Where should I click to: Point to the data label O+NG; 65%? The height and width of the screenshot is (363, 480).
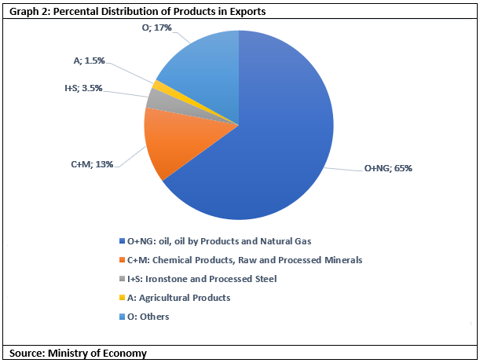[x=388, y=168]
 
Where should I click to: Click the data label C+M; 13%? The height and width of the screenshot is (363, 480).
[x=92, y=164]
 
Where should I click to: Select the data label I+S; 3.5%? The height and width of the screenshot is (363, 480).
[x=83, y=88]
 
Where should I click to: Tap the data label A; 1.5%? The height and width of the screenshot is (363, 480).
[x=89, y=60]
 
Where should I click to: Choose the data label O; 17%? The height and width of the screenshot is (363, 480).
[x=157, y=27]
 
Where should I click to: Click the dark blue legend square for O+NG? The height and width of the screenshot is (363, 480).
[x=122, y=241]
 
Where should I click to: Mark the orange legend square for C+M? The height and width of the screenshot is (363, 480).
[x=122, y=260]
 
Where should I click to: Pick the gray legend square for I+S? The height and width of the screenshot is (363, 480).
[x=122, y=279]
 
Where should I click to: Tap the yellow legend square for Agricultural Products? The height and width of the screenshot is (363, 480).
[x=122, y=298]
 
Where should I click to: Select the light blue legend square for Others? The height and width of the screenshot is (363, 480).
[x=122, y=317]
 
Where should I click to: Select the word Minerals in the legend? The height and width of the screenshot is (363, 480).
[x=343, y=260]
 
